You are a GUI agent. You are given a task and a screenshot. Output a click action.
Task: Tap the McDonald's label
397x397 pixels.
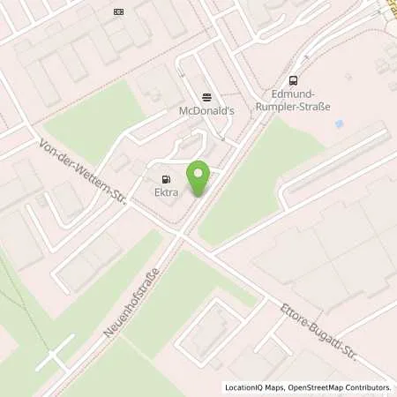coord(206,111)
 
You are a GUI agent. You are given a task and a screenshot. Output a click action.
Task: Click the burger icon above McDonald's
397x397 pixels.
coord(206,97)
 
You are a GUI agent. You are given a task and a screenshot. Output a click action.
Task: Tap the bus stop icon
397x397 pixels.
coord(292,78)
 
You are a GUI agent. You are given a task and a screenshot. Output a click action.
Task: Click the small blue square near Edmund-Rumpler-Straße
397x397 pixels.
coord(339,124)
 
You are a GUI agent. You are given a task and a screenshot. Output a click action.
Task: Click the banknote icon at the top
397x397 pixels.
coord(119,11)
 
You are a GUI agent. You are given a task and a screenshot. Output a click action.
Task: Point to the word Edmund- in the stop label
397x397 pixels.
coord(292,92)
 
